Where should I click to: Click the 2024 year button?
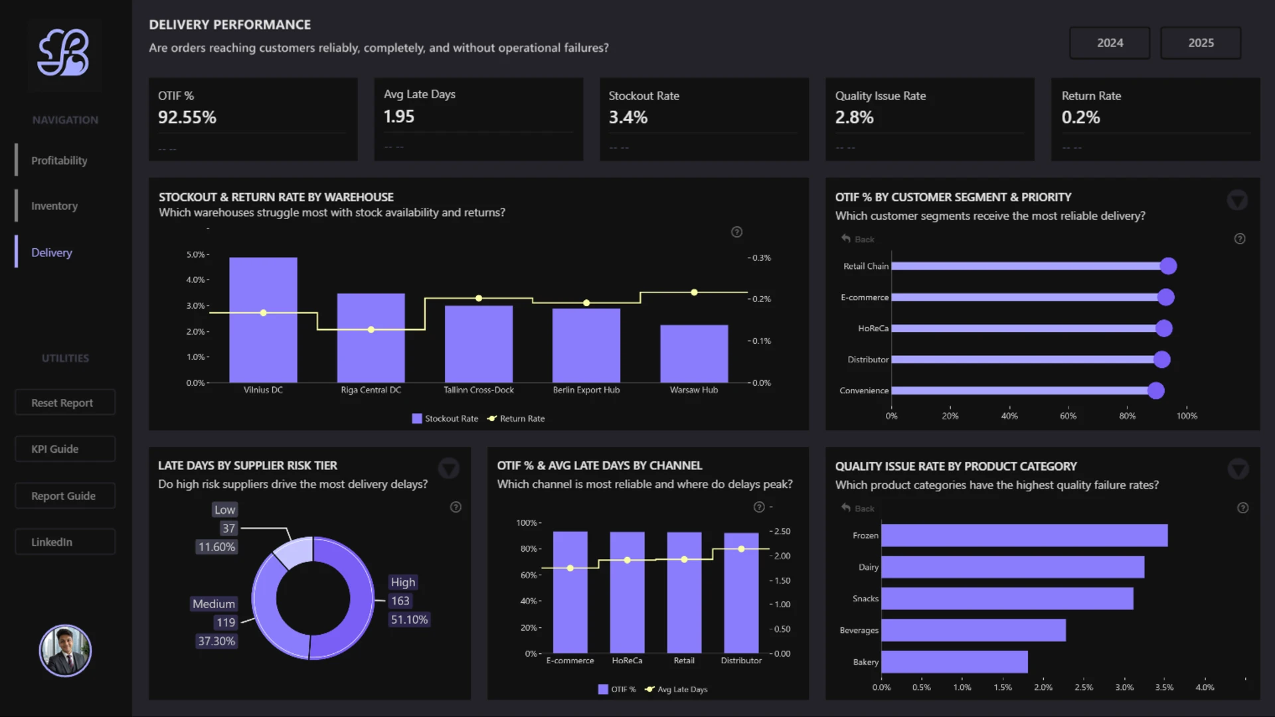[1110, 43]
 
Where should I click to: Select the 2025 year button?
[1201, 43]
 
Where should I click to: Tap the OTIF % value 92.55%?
[187, 118]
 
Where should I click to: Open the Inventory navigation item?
[54, 206]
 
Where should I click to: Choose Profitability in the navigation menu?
[59, 161]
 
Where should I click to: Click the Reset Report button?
[65, 402]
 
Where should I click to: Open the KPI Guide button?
[65, 449]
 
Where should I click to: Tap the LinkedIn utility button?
[65, 542]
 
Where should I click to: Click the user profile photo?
[65, 651]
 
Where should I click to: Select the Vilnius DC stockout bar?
[263, 320]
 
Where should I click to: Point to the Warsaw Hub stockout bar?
[694, 354]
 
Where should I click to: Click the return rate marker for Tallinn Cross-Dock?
[479, 298]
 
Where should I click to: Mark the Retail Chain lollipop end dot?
[1168, 266]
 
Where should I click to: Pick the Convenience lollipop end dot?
[1156, 390]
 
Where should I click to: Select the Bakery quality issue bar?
[954, 662]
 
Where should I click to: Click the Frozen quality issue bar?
[1024, 536]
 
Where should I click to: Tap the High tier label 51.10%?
[409, 619]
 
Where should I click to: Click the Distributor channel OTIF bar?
[741, 593]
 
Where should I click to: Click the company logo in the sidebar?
[64, 52]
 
